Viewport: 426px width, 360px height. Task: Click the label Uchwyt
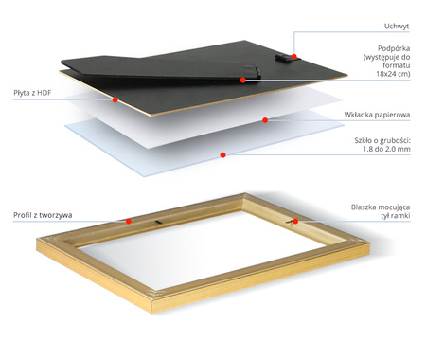tap(397, 27)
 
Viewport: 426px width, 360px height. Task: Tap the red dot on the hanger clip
tap(294, 57)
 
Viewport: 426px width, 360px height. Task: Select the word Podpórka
tap(394, 48)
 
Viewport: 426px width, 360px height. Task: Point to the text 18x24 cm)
tap(393, 74)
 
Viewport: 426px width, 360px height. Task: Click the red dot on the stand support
tap(242, 81)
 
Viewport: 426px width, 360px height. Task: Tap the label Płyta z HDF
tap(32, 93)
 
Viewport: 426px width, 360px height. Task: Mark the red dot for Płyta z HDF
tap(115, 99)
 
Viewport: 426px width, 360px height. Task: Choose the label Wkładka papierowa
tap(377, 115)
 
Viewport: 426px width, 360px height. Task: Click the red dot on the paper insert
tap(265, 120)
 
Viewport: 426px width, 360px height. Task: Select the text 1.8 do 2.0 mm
tap(386, 149)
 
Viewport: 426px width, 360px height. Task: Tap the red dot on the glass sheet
tap(222, 154)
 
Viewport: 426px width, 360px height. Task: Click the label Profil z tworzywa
tap(43, 215)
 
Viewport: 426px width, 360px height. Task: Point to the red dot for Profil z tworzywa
tap(129, 221)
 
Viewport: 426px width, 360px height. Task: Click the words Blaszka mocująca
tap(381, 207)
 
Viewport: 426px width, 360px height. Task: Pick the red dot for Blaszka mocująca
tap(295, 221)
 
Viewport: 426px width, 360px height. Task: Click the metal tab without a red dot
tap(158, 223)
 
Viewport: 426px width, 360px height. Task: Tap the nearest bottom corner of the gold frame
tap(152, 313)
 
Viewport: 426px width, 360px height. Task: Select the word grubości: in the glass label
tap(395, 140)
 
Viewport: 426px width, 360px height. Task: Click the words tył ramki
tap(395, 216)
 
